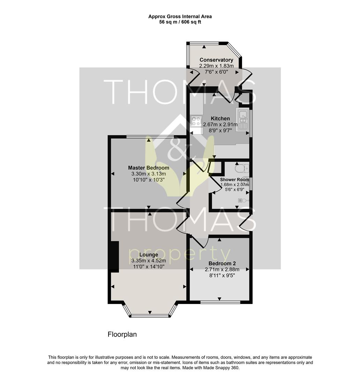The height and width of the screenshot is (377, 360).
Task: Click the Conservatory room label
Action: [x=216, y=60]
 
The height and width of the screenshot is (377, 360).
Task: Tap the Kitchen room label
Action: [x=220, y=119]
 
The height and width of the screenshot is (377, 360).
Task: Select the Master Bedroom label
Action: [x=149, y=168]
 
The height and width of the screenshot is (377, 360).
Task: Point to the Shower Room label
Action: [x=234, y=180]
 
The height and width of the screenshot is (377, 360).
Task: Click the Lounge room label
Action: [x=149, y=254]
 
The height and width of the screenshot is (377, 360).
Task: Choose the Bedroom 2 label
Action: [x=222, y=264]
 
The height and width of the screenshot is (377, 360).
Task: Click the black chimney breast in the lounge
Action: [x=115, y=257]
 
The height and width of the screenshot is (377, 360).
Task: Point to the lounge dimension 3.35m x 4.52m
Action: [x=149, y=261]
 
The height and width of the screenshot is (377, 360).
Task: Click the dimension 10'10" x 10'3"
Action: [x=149, y=180]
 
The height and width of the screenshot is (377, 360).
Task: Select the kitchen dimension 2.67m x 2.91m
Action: [x=220, y=125]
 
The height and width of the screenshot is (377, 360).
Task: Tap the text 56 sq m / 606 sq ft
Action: [x=180, y=22]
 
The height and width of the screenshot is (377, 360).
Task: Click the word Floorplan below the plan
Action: [x=122, y=334]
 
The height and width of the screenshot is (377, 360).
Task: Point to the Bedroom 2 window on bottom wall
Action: [x=220, y=302]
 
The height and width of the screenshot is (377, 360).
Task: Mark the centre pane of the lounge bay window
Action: [x=150, y=316]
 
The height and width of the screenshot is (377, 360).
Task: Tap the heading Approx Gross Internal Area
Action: [x=180, y=17]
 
